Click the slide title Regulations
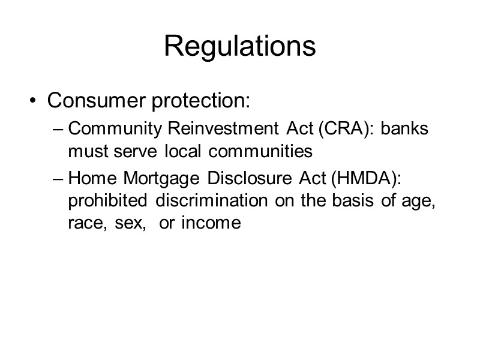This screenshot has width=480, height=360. [x=240, y=46]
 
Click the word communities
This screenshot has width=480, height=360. [x=260, y=152]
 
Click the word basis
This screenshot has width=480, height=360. [x=356, y=201]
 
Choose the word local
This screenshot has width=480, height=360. [x=185, y=152]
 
